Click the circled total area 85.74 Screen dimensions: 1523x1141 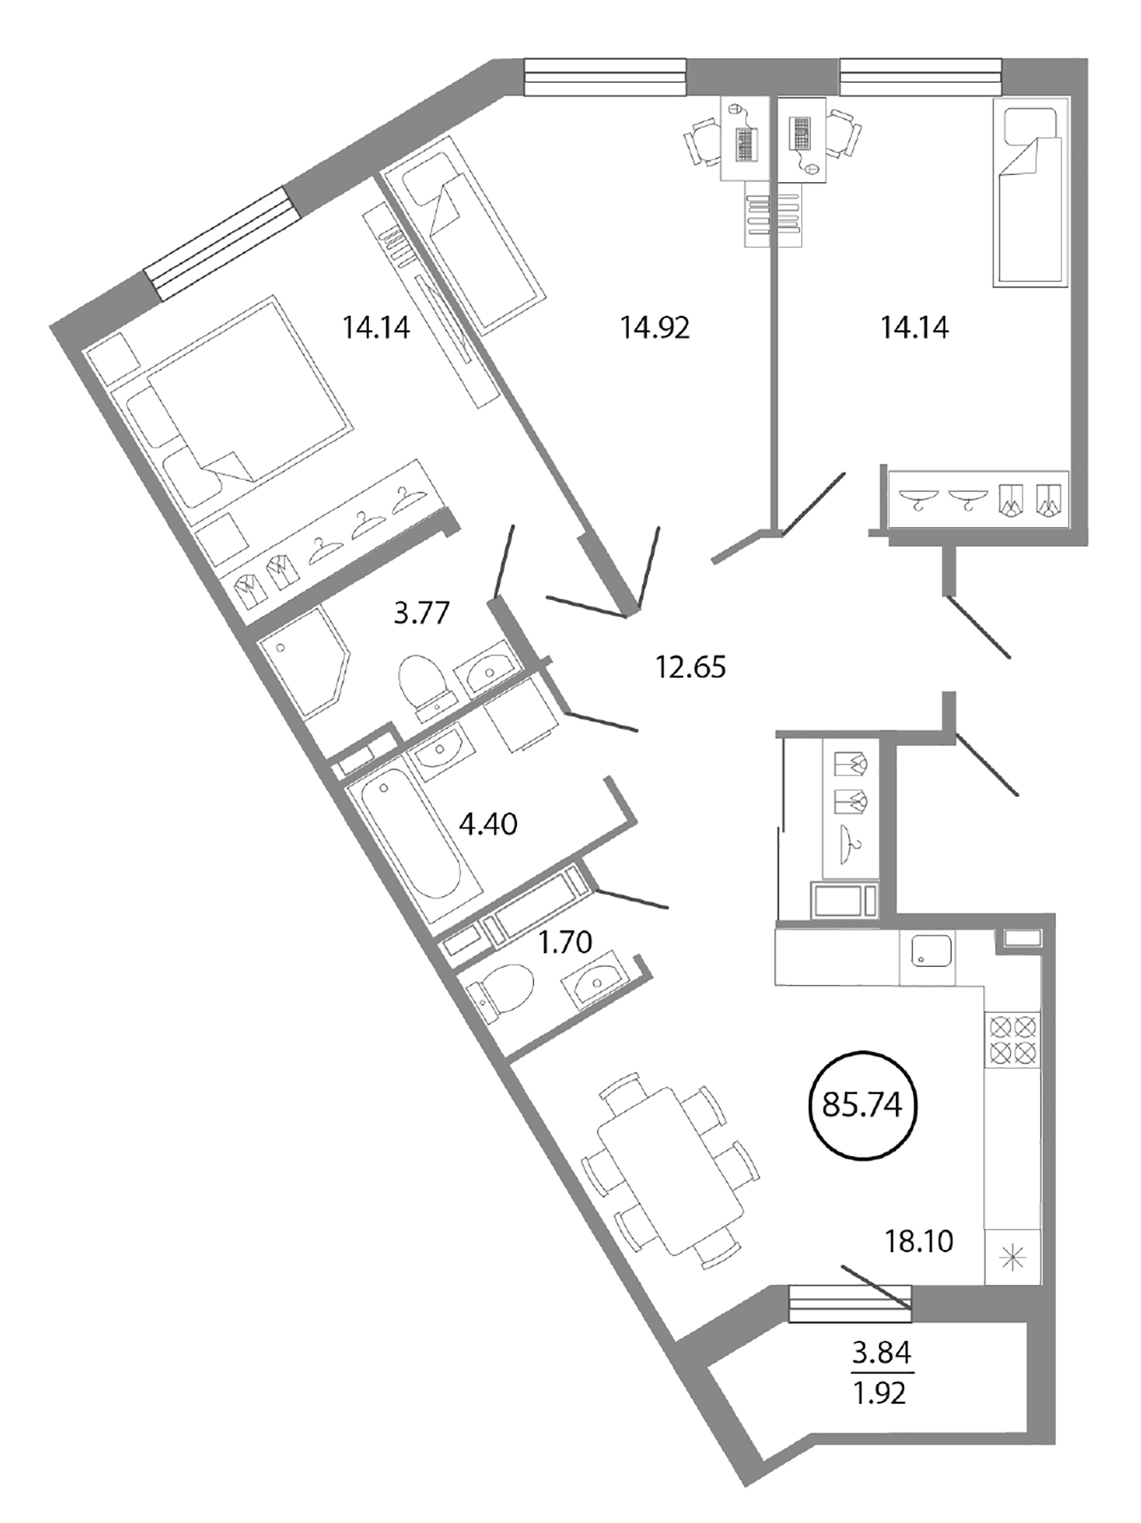pos(862,1105)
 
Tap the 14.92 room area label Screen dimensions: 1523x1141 pos(654,328)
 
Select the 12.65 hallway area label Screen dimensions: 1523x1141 pos(690,666)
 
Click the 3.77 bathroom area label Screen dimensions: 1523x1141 pos(421,613)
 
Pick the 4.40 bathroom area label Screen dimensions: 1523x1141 pos(489,824)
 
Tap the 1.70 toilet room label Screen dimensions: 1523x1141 pos(565,942)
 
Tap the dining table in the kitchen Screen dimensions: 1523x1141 pos(671,1171)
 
